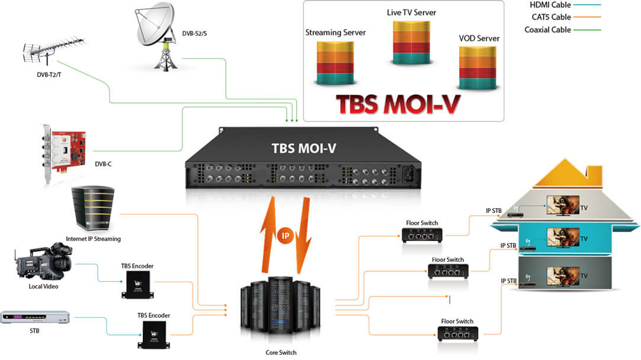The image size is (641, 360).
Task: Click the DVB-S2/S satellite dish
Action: point(158,36)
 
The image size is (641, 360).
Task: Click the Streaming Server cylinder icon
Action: point(335,63)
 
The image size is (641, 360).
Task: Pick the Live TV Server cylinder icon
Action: point(411,43)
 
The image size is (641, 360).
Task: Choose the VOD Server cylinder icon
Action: point(477,68)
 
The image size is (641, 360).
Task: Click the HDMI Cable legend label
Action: point(550,5)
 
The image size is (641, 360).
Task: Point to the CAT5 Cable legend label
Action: point(551,17)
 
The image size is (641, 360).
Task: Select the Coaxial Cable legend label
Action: point(547,30)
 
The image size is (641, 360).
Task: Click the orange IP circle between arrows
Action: point(286,236)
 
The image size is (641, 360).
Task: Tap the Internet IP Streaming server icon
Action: point(93,208)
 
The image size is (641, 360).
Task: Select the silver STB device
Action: point(35,317)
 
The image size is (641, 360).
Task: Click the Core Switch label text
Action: point(281,352)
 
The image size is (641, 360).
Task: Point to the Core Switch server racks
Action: point(280,310)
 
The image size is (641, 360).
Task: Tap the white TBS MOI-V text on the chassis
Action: point(304,148)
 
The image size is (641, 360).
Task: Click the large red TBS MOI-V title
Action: point(398,105)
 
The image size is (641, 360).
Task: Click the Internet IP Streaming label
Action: point(93,239)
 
